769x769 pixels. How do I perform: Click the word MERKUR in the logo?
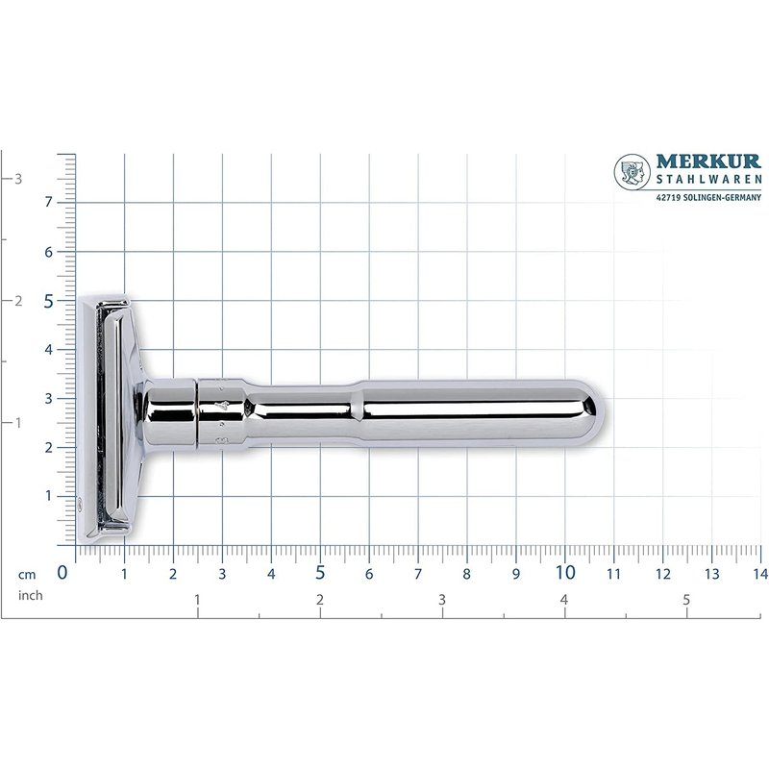(x=708, y=161)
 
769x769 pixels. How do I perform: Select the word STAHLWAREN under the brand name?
(x=709, y=180)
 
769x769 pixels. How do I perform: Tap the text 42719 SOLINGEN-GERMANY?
(x=708, y=197)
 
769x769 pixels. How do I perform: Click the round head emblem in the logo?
(x=633, y=172)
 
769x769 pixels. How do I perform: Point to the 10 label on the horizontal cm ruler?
(x=565, y=572)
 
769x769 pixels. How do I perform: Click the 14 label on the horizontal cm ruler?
(x=760, y=573)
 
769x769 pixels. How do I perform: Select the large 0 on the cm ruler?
(x=62, y=572)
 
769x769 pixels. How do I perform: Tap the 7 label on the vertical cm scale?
(x=48, y=202)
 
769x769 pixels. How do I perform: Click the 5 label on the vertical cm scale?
(x=48, y=301)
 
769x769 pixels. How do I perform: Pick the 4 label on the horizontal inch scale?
(x=564, y=599)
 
